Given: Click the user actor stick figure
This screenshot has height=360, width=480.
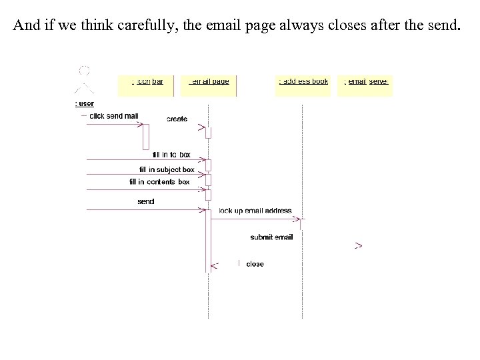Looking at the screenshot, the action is (x=84, y=80).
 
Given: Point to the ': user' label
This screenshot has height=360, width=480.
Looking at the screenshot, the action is (x=85, y=103).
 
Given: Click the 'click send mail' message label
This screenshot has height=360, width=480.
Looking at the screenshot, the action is (x=114, y=116).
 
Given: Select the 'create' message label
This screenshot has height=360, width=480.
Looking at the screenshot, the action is (x=177, y=119).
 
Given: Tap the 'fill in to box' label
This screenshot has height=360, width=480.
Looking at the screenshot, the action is (x=171, y=155).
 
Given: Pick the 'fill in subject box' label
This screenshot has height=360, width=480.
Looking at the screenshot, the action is (x=167, y=169).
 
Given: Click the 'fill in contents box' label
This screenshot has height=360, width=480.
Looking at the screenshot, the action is (x=159, y=181).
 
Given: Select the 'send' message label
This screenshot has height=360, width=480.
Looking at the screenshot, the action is (x=145, y=201).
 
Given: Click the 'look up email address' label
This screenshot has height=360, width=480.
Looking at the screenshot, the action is (x=255, y=211).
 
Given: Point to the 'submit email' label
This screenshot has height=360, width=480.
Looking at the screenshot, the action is (x=271, y=237).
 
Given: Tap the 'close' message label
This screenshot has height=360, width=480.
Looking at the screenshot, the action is (x=255, y=264).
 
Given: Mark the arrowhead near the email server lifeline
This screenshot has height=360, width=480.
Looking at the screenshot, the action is (x=359, y=246).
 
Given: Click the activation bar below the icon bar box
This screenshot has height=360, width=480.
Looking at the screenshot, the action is (x=145, y=137).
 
